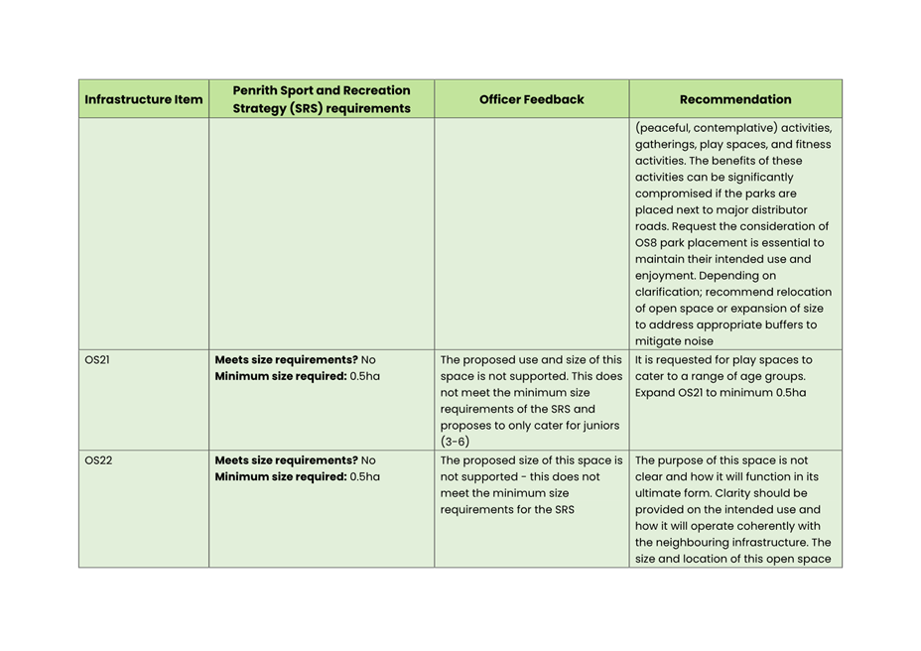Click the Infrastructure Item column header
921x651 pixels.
[x=144, y=99]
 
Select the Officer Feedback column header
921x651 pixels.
[x=531, y=99]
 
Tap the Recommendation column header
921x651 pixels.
[x=735, y=99]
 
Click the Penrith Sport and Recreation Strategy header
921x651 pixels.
[x=322, y=99]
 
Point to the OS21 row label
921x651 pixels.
[x=97, y=360]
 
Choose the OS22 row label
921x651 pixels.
[x=98, y=460]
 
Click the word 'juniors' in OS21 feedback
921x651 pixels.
[x=599, y=425]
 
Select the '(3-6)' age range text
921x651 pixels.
[x=455, y=442]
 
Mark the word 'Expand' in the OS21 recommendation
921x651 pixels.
[x=655, y=393]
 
